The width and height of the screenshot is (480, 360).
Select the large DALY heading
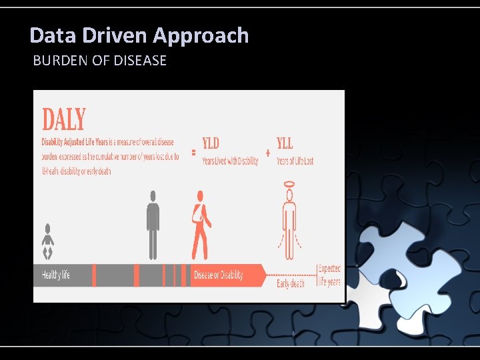point(64,120)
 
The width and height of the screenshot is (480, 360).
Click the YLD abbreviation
point(211,143)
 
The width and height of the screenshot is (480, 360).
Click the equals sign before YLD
point(193,153)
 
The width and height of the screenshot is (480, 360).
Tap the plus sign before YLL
point(267,153)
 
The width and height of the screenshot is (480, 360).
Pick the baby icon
point(47,241)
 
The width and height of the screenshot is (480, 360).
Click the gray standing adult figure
point(153,225)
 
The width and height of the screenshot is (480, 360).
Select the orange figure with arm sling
point(200,225)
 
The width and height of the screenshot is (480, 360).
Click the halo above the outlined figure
point(289,183)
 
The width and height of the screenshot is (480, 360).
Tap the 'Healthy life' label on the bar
point(56,275)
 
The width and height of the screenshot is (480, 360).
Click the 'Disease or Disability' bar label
point(218,275)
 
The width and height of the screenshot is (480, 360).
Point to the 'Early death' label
point(291,283)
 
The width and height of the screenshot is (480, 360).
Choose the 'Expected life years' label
point(329,275)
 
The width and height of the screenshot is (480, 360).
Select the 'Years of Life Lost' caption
point(295,161)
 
